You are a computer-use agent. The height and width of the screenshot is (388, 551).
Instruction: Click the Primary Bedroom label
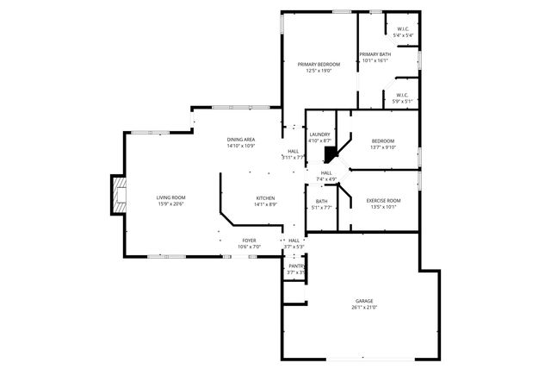[319, 65]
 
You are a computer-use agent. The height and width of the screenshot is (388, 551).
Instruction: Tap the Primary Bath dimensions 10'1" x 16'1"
[375, 60]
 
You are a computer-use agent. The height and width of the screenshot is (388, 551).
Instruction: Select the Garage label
[364, 301]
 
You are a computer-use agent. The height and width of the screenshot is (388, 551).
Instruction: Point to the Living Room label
[170, 197]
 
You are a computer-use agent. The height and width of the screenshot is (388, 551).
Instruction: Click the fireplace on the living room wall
[117, 196]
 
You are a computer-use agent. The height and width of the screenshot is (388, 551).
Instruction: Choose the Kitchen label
[265, 198]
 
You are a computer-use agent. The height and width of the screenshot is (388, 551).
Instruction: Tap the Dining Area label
[241, 140]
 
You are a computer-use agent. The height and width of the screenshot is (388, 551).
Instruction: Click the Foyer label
[249, 240]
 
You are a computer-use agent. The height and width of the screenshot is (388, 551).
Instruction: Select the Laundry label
[319, 134]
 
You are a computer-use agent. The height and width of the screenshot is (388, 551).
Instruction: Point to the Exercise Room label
[383, 200]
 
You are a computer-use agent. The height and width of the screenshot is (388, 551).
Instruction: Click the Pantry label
[296, 266]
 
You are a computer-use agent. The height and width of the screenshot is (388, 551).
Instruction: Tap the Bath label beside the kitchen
[321, 201]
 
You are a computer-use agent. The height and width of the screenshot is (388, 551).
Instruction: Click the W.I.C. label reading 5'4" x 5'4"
[402, 29]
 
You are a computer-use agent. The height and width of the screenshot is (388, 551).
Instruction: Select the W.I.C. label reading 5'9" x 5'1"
[402, 95]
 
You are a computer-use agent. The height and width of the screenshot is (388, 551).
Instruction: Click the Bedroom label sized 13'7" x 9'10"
[383, 141]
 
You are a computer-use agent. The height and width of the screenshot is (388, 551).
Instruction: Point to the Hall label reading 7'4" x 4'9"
[326, 173]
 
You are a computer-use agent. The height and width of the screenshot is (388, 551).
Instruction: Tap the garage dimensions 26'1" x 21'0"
[364, 307]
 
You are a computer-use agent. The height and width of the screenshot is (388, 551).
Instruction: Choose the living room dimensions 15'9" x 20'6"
[170, 203]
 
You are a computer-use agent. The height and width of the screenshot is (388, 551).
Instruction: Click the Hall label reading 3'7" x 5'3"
[294, 241]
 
